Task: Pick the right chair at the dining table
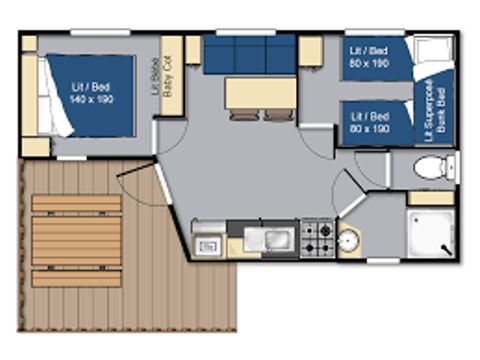pos(277,114)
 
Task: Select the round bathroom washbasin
pos(349,241)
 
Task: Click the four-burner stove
pos(317,238)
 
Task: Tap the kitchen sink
pos(271,240)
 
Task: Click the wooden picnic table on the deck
pos(76,241)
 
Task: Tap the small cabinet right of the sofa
pos(309,50)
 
